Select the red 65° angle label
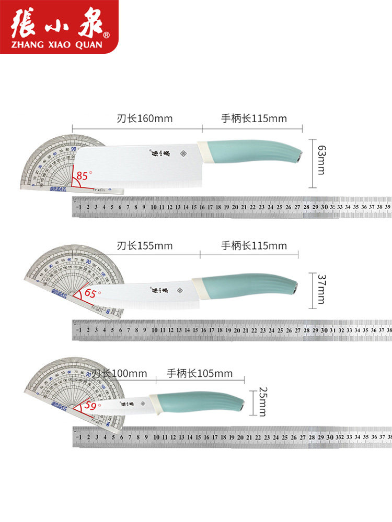tap(91, 294)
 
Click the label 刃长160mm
tap(144, 118)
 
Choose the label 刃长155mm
tap(144, 245)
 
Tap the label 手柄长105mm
tap(200, 373)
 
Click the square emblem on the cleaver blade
tap(183, 155)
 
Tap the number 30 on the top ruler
tap(324, 207)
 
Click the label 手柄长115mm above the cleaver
tap(254, 118)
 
